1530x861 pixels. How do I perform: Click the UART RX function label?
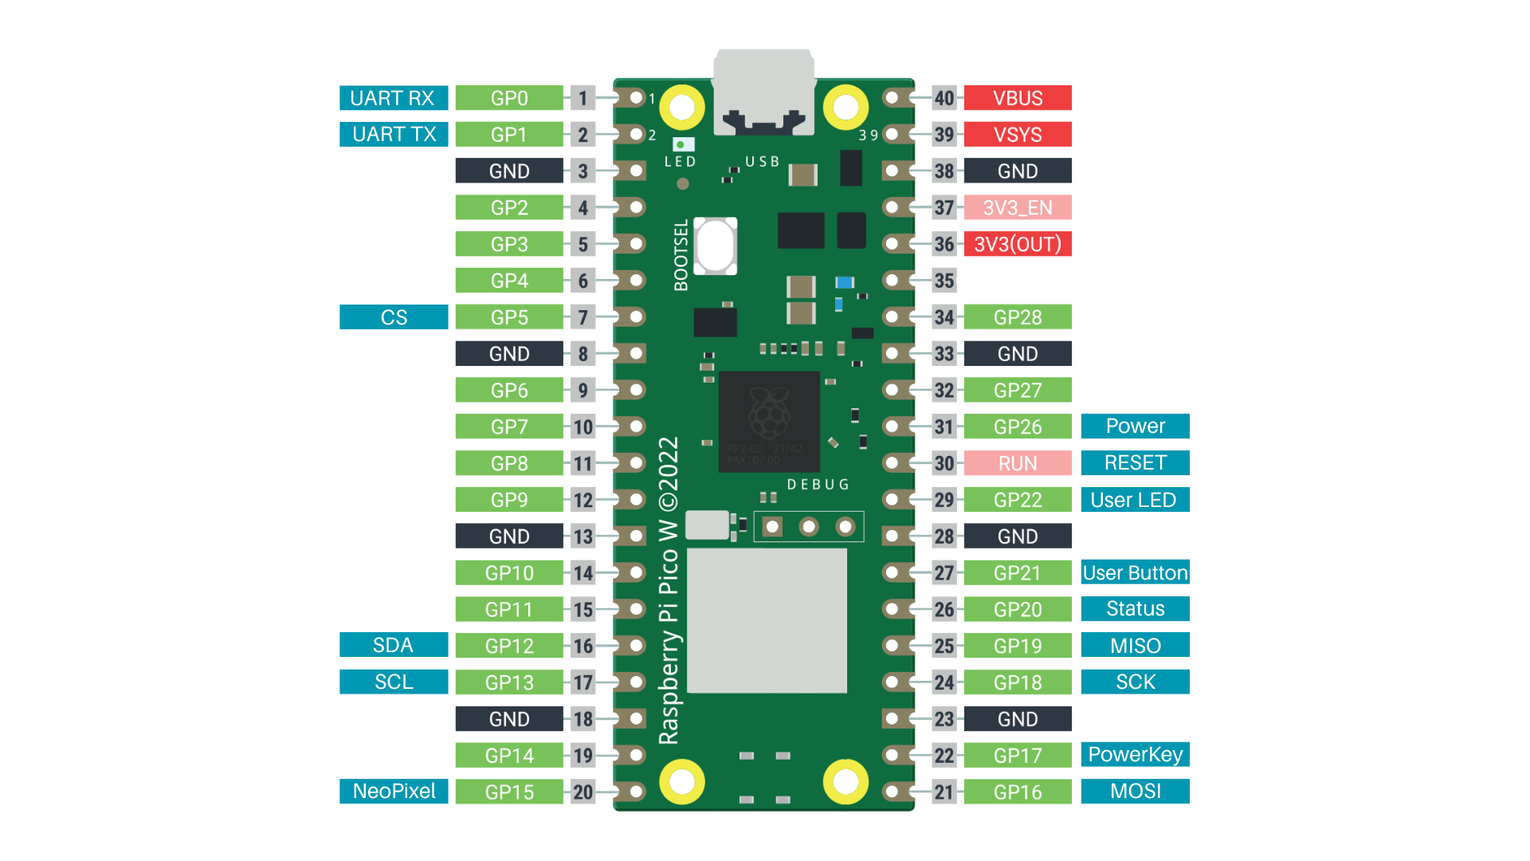(393, 98)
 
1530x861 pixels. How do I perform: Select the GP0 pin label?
(509, 98)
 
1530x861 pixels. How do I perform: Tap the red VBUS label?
(1018, 98)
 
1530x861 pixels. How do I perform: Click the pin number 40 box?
(944, 98)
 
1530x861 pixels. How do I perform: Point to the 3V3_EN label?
(1018, 207)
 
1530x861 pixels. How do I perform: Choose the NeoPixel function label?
(394, 791)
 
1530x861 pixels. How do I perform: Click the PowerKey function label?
(1135, 754)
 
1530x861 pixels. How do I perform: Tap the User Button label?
(1135, 572)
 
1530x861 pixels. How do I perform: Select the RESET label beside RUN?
(1135, 462)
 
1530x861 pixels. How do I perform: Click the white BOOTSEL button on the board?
(715, 246)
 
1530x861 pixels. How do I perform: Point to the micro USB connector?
(763, 92)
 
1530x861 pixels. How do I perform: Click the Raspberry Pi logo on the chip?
(769, 413)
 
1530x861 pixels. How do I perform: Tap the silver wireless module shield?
(767, 620)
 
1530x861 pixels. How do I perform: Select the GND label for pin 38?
(1018, 171)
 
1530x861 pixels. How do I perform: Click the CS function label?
(394, 316)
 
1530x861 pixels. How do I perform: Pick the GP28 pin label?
(1018, 316)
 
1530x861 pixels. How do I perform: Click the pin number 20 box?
(583, 792)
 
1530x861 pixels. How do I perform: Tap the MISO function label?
(1135, 645)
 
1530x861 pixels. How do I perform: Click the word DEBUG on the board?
(818, 485)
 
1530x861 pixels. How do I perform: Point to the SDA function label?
(394, 645)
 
